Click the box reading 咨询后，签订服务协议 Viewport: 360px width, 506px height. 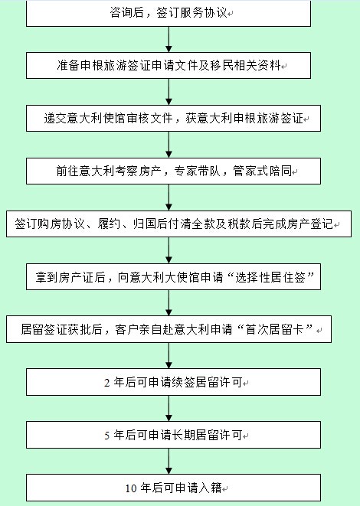[x=169, y=13]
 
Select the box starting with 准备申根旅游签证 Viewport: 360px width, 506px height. [x=169, y=66]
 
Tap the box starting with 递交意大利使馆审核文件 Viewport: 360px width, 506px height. [x=173, y=118]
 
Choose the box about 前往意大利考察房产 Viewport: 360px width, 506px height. [x=173, y=171]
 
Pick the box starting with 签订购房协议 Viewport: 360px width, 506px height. [x=179, y=224]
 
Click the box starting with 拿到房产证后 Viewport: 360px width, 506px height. [x=173, y=277]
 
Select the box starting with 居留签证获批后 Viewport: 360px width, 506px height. [x=169, y=329]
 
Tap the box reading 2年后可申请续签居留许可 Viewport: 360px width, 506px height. [x=173, y=382]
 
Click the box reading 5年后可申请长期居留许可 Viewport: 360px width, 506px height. [x=173, y=435]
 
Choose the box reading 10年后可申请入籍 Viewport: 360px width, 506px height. [x=173, y=488]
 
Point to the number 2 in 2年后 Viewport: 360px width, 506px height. [x=107, y=383]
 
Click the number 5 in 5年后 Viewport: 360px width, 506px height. [x=107, y=436]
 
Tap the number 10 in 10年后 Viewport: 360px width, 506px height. [x=131, y=488]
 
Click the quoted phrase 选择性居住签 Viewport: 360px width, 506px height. [x=270, y=277]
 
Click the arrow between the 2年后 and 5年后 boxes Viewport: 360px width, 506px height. [x=169, y=409]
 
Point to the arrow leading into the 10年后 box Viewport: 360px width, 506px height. [x=169, y=462]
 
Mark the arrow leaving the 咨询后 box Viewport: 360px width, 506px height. [x=169, y=39]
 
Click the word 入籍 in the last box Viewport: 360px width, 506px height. [x=210, y=488]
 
